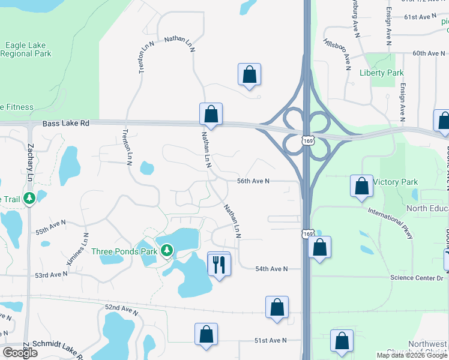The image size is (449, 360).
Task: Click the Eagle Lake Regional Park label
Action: [x=26, y=49]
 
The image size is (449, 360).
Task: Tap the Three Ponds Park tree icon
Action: [x=166, y=250]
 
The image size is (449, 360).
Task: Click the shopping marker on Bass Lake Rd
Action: [x=211, y=113]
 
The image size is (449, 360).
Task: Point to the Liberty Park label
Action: [x=381, y=73]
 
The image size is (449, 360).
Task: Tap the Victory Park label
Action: [x=395, y=182]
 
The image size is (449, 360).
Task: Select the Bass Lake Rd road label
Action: [x=66, y=124]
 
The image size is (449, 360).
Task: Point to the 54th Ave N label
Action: [x=271, y=269]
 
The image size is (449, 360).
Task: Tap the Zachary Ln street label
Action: [x=29, y=162]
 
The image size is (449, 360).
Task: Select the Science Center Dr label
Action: [x=416, y=278]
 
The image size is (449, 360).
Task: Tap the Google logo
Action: [x=20, y=353]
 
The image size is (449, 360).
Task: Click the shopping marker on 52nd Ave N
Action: [x=277, y=307]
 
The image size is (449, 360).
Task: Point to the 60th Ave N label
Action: [x=428, y=53]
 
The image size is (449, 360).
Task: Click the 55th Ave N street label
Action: [x=50, y=227]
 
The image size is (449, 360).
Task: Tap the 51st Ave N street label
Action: [x=270, y=340]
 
